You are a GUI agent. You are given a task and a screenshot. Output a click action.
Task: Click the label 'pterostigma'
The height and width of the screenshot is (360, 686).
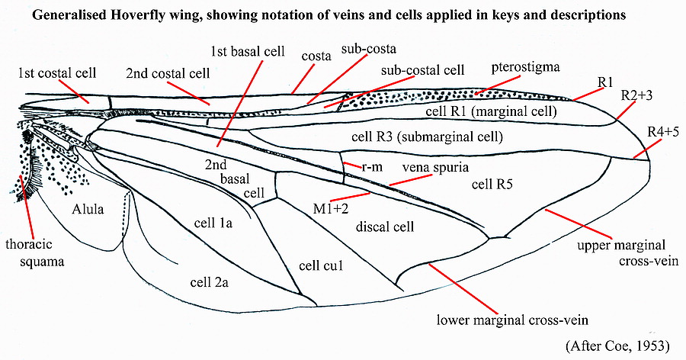525,67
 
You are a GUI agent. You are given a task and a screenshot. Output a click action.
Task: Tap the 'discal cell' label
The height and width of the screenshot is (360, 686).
383,227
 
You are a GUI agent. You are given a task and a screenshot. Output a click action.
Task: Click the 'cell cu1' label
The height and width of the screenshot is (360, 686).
320,265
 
